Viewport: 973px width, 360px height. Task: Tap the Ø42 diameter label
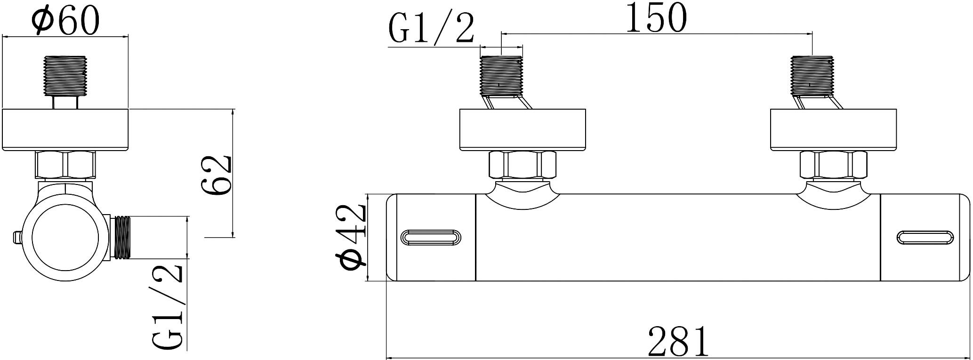[x=351, y=238]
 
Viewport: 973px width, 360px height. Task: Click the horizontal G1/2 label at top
[x=431, y=29]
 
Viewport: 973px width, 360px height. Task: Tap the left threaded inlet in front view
[x=501, y=75]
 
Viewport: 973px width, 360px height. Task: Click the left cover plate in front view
[x=523, y=130]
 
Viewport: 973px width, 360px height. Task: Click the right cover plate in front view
[x=834, y=130]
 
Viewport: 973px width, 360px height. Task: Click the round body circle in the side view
[x=65, y=239]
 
